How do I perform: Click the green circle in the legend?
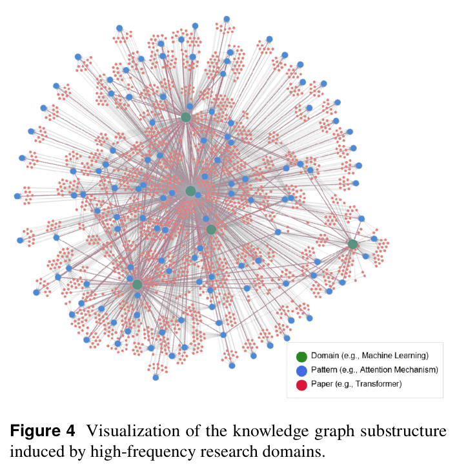[301, 356]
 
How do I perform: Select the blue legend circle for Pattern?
[301, 370]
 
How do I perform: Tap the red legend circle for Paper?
[301, 385]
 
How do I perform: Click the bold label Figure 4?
[43, 431]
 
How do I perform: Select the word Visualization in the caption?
[134, 431]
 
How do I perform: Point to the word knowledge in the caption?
[270, 431]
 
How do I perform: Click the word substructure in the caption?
[403, 431]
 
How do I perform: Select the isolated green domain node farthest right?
[352, 244]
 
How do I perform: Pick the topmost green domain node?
[186, 117]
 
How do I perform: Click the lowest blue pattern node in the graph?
[156, 378]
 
